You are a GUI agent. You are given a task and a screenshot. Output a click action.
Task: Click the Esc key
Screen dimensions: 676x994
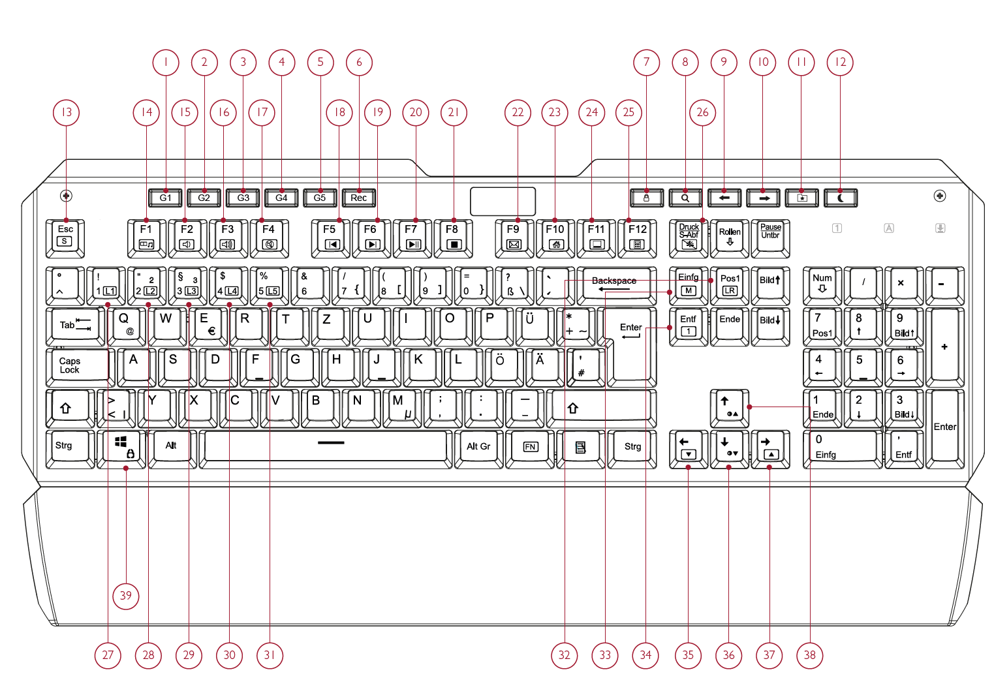coord(65,238)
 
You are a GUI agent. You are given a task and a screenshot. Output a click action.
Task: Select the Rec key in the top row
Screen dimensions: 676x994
coord(358,198)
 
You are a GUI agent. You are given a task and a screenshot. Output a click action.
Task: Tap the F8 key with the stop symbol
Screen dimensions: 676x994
coord(452,238)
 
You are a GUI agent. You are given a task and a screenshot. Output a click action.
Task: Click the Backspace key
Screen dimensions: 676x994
coord(616,284)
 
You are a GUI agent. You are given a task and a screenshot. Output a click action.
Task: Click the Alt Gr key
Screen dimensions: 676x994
coord(478,447)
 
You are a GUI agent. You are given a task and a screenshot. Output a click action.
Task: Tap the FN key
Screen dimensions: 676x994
coord(530,447)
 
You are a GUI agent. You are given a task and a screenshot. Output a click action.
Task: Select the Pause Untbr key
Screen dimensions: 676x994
coord(770,238)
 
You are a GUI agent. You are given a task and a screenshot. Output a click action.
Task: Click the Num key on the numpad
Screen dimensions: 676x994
coord(822,284)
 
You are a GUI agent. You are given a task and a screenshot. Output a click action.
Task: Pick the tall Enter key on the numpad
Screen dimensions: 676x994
coord(944,427)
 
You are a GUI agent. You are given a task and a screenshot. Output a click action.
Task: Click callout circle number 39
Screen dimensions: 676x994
coord(126,595)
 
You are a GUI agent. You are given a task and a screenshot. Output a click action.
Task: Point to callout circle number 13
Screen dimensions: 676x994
coord(67,112)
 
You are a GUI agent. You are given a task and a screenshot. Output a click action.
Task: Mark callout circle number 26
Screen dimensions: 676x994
coord(702,112)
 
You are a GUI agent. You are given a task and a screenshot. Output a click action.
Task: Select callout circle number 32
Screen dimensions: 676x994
coord(565,655)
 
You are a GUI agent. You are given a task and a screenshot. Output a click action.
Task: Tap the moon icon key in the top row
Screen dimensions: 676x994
coord(841,198)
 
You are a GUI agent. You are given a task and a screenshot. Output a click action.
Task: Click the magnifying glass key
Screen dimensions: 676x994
coord(685,198)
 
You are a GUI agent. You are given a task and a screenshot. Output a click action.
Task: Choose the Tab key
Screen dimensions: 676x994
coord(74,325)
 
